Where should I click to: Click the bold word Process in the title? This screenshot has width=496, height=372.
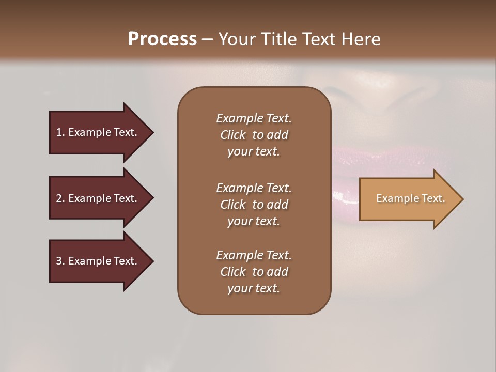(162, 39)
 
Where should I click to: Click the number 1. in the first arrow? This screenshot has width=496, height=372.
(60, 132)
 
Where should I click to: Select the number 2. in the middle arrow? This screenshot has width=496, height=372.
(60, 198)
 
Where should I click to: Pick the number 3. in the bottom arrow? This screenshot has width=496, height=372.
(60, 261)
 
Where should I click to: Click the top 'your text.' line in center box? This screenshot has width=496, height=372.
(254, 152)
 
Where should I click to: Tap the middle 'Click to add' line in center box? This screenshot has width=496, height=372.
(254, 205)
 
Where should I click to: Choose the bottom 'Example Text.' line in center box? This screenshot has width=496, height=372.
(254, 255)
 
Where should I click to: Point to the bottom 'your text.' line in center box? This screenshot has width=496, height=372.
(254, 289)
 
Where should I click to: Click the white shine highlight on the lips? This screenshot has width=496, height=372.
(339, 196)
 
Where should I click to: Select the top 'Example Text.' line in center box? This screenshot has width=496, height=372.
(254, 118)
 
